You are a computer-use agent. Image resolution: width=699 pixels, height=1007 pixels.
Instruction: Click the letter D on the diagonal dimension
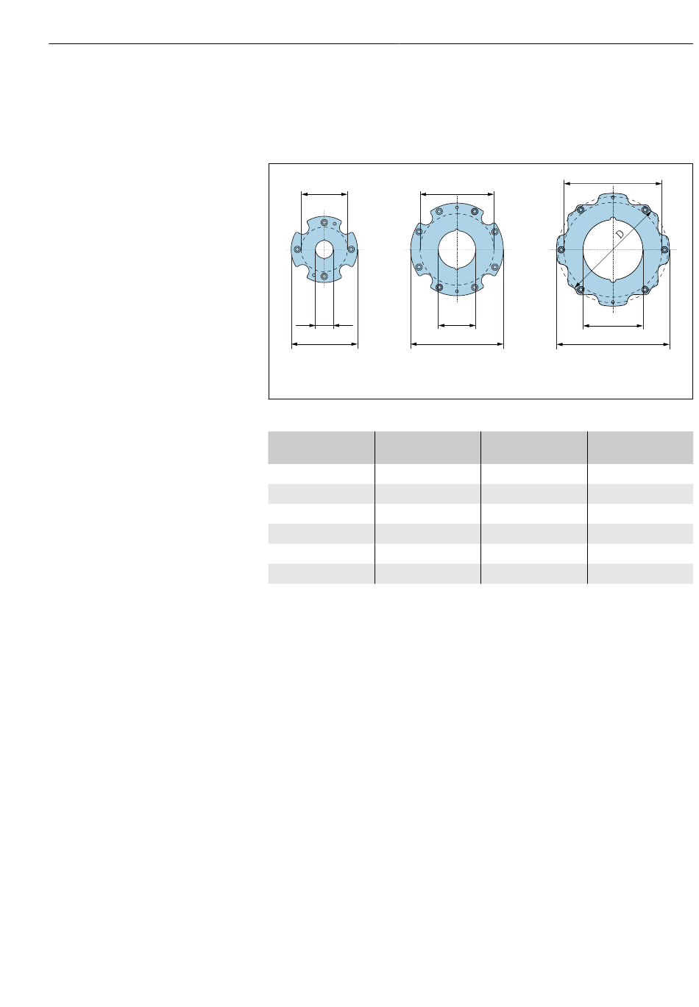(620, 234)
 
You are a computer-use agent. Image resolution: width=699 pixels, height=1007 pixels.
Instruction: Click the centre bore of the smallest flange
(324, 249)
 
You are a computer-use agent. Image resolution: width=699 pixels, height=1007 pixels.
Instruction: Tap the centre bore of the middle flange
(456, 249)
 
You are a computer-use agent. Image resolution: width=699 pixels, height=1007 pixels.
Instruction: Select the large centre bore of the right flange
(613, 250)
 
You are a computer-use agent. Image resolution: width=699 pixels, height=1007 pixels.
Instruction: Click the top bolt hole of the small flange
(324, 223)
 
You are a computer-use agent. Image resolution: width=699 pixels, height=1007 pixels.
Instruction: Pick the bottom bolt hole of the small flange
(324, 276)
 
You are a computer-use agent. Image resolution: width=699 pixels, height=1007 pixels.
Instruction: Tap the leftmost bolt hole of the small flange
(297, 249)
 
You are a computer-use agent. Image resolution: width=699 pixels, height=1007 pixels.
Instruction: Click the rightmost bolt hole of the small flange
(351, 249)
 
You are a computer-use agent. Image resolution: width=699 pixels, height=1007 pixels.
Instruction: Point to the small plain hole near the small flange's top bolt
(334, 224)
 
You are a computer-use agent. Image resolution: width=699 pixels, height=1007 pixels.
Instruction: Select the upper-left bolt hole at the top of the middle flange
(439, 211)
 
